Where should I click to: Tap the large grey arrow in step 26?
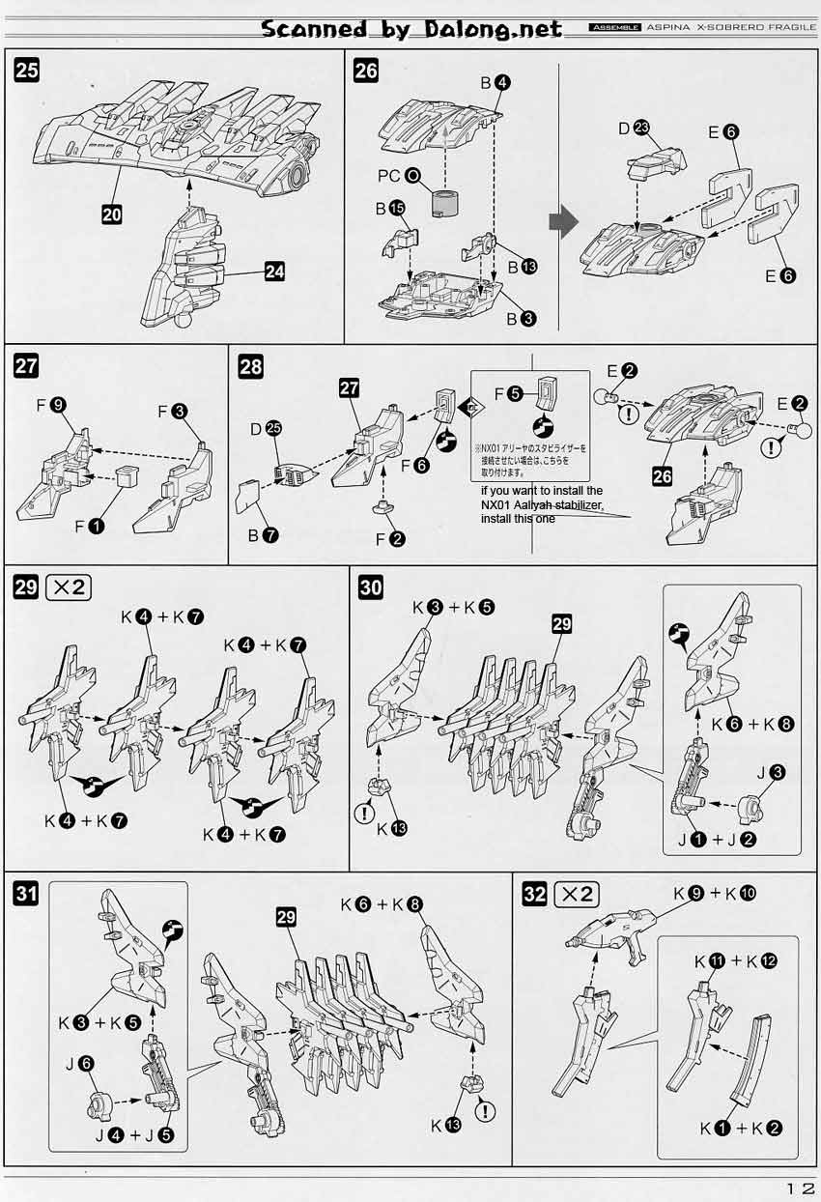(x=563, y=223)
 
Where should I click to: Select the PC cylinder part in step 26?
(x=446, y=205)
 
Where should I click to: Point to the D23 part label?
(x=634, y=129)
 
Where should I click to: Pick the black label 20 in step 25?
(x=112, y=215)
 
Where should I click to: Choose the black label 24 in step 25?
(x=274, y=272)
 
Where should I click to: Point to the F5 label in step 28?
(x=506, y=393)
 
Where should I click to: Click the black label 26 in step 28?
(x=663, y=477)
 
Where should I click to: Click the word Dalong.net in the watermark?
(x=493, y=29)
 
